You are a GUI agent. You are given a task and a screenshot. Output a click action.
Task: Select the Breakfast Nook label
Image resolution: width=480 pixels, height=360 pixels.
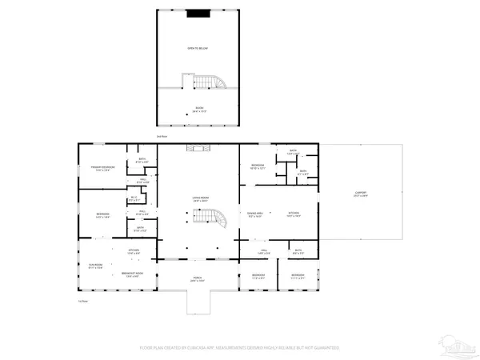click(133, 274)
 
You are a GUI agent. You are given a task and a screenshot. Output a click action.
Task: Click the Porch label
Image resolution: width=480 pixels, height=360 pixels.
click(197, 279)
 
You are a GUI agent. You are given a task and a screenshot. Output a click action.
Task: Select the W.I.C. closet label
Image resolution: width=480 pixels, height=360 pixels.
click(133, 200)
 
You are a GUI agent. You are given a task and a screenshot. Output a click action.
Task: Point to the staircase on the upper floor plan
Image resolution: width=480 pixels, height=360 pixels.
click(203, 82)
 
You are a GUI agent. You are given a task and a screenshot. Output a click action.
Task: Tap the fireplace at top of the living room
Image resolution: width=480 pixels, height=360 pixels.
click(197, 148)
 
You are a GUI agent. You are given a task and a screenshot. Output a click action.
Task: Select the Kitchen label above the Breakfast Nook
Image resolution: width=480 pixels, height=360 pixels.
click(134, 251)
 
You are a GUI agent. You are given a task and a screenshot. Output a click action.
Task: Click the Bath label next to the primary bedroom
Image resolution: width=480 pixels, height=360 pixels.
click(142, 160)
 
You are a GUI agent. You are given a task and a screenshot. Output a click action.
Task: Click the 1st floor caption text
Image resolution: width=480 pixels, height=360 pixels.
click(82, 301)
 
